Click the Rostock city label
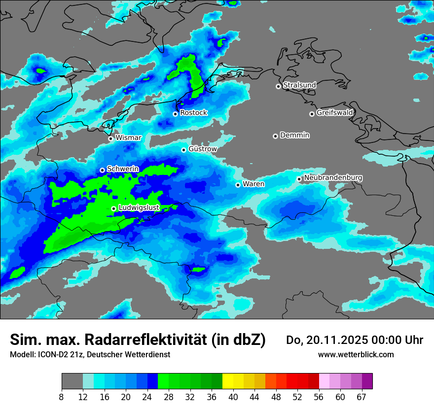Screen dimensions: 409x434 (x=193, y=113)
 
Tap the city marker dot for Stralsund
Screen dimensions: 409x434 (x=278, y=86)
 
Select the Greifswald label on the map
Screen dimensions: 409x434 (x=334, y=113)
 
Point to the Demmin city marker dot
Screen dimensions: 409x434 (x=275, y=136)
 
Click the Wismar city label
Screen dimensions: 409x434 (x=128, y=137)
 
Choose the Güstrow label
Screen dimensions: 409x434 (x=202, y=149)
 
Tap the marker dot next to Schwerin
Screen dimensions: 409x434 (x=102, y=170)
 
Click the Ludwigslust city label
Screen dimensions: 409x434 (x=139, y=208)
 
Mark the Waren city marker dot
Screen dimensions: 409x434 (x=238, y=185)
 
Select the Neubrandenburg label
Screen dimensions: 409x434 (x=333, y=177)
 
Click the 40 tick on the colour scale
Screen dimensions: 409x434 (x=233, y=397)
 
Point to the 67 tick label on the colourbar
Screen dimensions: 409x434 (x=362, y=397)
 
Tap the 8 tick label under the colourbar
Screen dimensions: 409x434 (x=62, y=397)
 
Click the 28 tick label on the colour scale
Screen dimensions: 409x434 (x=169, y=397)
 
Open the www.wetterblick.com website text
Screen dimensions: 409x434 (x=356, y=355)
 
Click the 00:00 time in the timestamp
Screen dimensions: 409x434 (x=388, y=340)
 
